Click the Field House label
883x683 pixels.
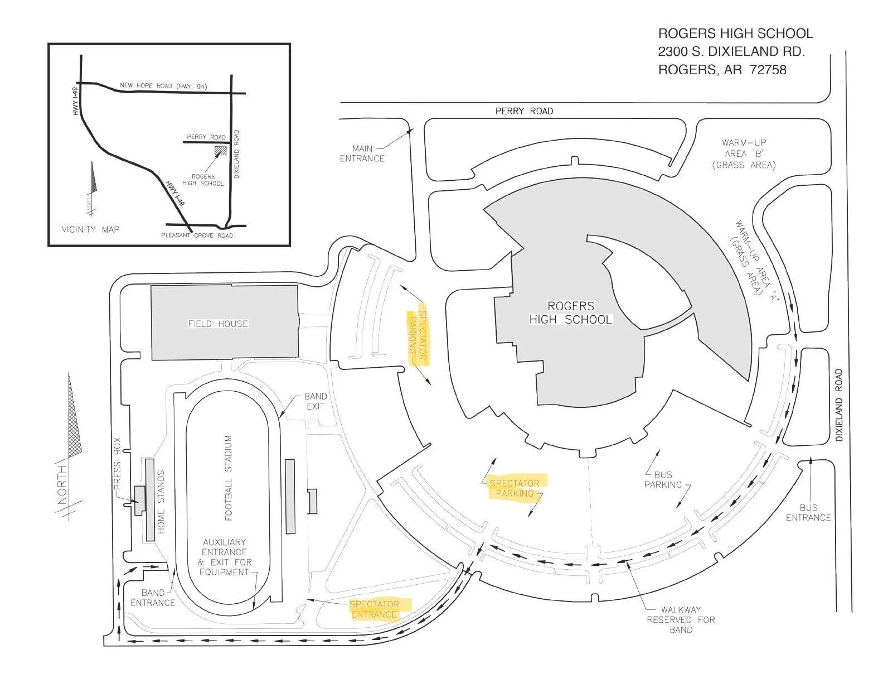tap(218, 324)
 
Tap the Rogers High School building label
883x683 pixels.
tap(571, 312)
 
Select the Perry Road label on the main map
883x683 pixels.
tap(524, 111)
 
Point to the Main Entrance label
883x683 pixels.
tap(362, 153)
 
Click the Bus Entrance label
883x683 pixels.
tap(808, 512)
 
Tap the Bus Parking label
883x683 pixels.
tap(663, 479)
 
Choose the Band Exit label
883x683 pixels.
tap(315, 401)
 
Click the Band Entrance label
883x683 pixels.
tap(153, 598)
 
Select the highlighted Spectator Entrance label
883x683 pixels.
tap(375, 609)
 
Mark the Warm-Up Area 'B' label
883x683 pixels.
tap(744, 153)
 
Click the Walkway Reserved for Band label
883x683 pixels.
tap(681, 619)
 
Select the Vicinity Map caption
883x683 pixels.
tap(90, 229)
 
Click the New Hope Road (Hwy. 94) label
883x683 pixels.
tap(163, 86)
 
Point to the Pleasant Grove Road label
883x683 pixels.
tap(197, 235)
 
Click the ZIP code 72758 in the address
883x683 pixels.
tap(768, 70)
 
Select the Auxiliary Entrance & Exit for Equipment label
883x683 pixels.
tap(225, 557)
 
